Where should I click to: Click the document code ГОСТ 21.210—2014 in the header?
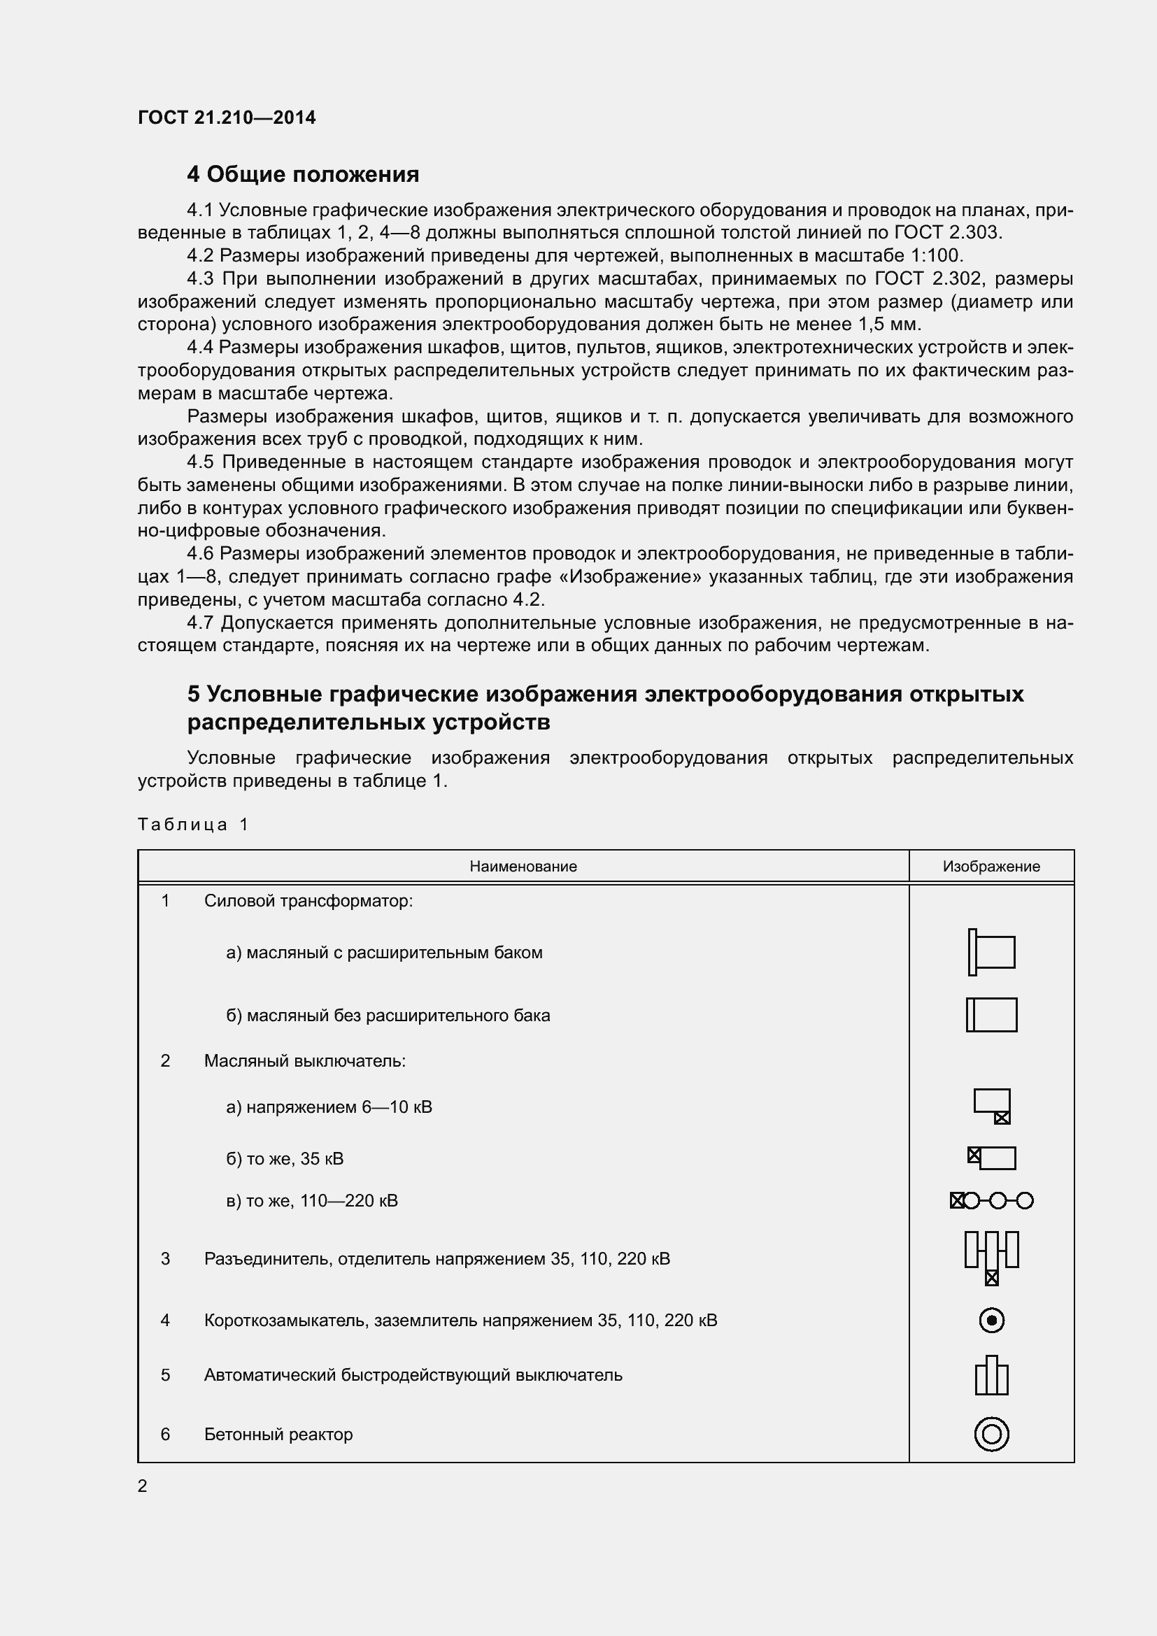click(x=227, y=118)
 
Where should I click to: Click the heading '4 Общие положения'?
click(x=303, y=174)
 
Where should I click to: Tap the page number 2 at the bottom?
click(x=143, y=1486)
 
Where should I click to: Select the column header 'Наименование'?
click(x=523, y=867)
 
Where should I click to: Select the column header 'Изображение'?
click(x=991, y=867)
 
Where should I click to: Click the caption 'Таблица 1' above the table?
click(x=192, y=825)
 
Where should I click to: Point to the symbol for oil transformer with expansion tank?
click(x=991, y=952)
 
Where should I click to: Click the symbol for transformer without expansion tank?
click(x=991, y=1015)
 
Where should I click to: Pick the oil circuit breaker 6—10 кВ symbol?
click(x=992, y=1106)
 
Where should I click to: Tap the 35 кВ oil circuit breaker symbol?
click(x=991, y=1158)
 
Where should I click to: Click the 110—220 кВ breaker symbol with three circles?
click(x=991, y=1201)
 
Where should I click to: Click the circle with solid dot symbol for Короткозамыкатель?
click(x=992, y=1321)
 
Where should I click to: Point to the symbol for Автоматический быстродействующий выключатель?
click(x=991, y=1375)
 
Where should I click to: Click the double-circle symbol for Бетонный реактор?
click(x=991, y=1435)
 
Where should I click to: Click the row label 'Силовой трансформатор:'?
click(x=308, y=901)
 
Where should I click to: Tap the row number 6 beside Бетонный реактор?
click(x=165, y=1435)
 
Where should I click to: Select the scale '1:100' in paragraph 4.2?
click(x=935, y=255)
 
